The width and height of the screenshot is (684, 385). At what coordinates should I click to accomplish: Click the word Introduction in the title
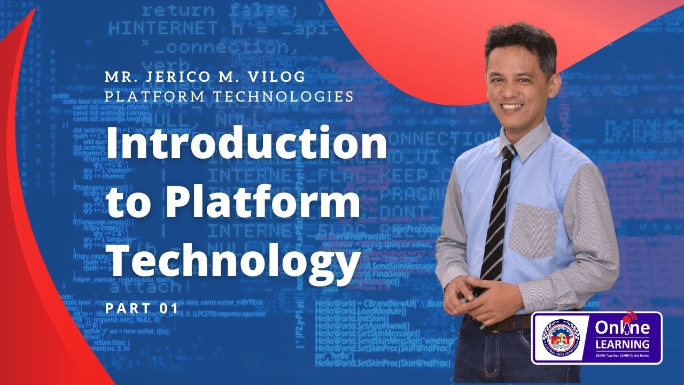pos(247,144)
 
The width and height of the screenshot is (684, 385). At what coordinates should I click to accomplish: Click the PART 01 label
pos(142,309)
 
